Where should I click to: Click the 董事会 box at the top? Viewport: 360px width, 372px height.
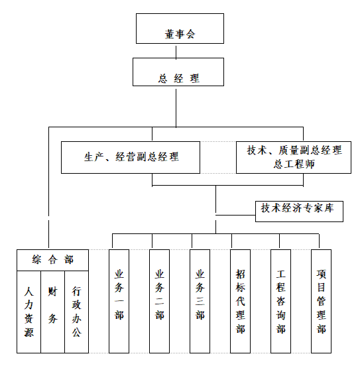click(180, 29)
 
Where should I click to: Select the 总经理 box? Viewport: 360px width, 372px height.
click(178, 72)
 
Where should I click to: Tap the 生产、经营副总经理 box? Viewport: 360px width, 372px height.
click(131, 158)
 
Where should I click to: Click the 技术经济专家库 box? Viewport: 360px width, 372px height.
click(299, 212)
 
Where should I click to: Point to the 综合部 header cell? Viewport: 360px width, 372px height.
click(52, 260)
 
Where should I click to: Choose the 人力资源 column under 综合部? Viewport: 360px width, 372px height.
click(29, 312)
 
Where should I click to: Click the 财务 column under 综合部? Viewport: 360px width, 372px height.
click(52, 312)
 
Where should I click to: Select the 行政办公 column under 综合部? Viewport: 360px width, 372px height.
click(77, 312)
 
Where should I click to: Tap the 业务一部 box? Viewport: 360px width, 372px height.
click(119, 301)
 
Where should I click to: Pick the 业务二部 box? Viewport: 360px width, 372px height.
click(159, 301)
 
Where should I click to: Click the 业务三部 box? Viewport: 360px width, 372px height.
click(200, 301)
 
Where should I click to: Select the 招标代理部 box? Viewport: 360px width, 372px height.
click(240, 301)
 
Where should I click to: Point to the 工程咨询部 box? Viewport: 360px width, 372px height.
click(281, 301)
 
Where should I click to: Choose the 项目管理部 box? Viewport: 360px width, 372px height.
click(321, 301)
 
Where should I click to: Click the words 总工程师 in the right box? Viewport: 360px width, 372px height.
click(294, 164)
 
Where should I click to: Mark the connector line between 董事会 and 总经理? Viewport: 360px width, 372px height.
click(176, 52)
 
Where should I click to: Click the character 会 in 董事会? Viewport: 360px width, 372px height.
click(190, 34)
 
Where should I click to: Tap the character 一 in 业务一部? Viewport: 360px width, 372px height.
click(119, 301)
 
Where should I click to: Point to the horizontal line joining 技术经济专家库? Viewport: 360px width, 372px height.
click(235, 216)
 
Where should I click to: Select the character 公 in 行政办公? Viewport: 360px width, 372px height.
click(77, 332)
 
